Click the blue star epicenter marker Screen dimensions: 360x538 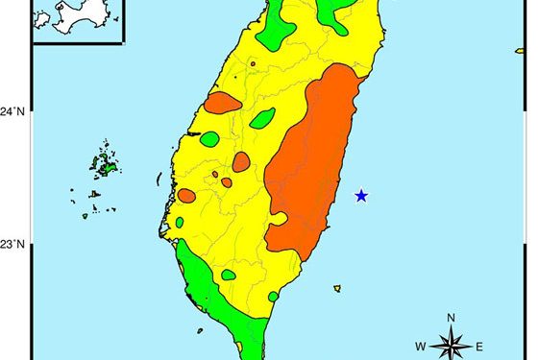pyautogui.click(x=361, y=196)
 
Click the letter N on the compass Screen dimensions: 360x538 pyautogui.click(x=451, y=318)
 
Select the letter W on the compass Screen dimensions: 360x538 pyautogui.click(x=421, y=346)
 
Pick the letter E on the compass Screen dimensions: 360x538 pyautogui.click(x=479, y=346)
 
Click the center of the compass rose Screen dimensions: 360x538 pyautogui.click(x=451, y=344)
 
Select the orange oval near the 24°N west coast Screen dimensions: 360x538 pyautogui.click(x=222, y=103)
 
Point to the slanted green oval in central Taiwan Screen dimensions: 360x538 pyautogui.click(x=262, y=119)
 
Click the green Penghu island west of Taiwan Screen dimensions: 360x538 pyautogui.click(x=109, y=167)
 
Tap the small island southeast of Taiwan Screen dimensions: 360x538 pyautogui.click(x=337, y=287)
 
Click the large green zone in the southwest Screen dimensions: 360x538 pyautogui.click(x=207, y=288)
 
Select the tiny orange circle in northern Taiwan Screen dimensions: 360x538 pyautogui.click(x=253, y=64)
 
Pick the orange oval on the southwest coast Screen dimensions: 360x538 pyautogui.click(x=186, y=196)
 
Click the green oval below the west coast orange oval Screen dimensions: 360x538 pyautogui.click(x=209, y=139)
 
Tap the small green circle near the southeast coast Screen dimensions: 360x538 pyautogui.click(x=273, y=297)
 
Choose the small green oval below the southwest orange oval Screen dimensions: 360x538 pyautogui.click(x=180, y=223)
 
